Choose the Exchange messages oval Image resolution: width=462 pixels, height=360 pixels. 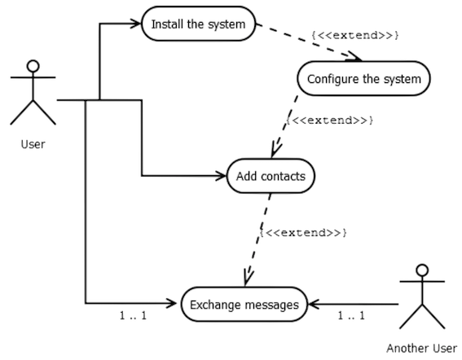pos(244,305)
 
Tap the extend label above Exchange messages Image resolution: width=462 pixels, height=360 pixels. pos(305,233)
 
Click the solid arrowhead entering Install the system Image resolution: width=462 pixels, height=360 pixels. pos(135,25)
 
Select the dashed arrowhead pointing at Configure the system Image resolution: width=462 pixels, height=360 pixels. pos(356,56)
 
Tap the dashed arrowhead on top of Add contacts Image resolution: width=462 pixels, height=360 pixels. pos(275,151)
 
